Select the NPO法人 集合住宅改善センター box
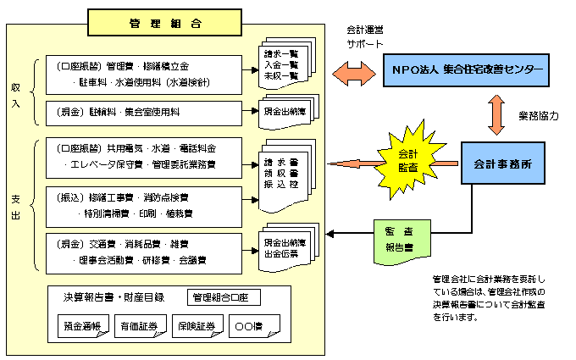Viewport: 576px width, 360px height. coord(462,67)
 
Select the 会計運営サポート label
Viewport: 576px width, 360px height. coord(365,36)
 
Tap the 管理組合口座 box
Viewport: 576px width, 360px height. coord(224,297)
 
